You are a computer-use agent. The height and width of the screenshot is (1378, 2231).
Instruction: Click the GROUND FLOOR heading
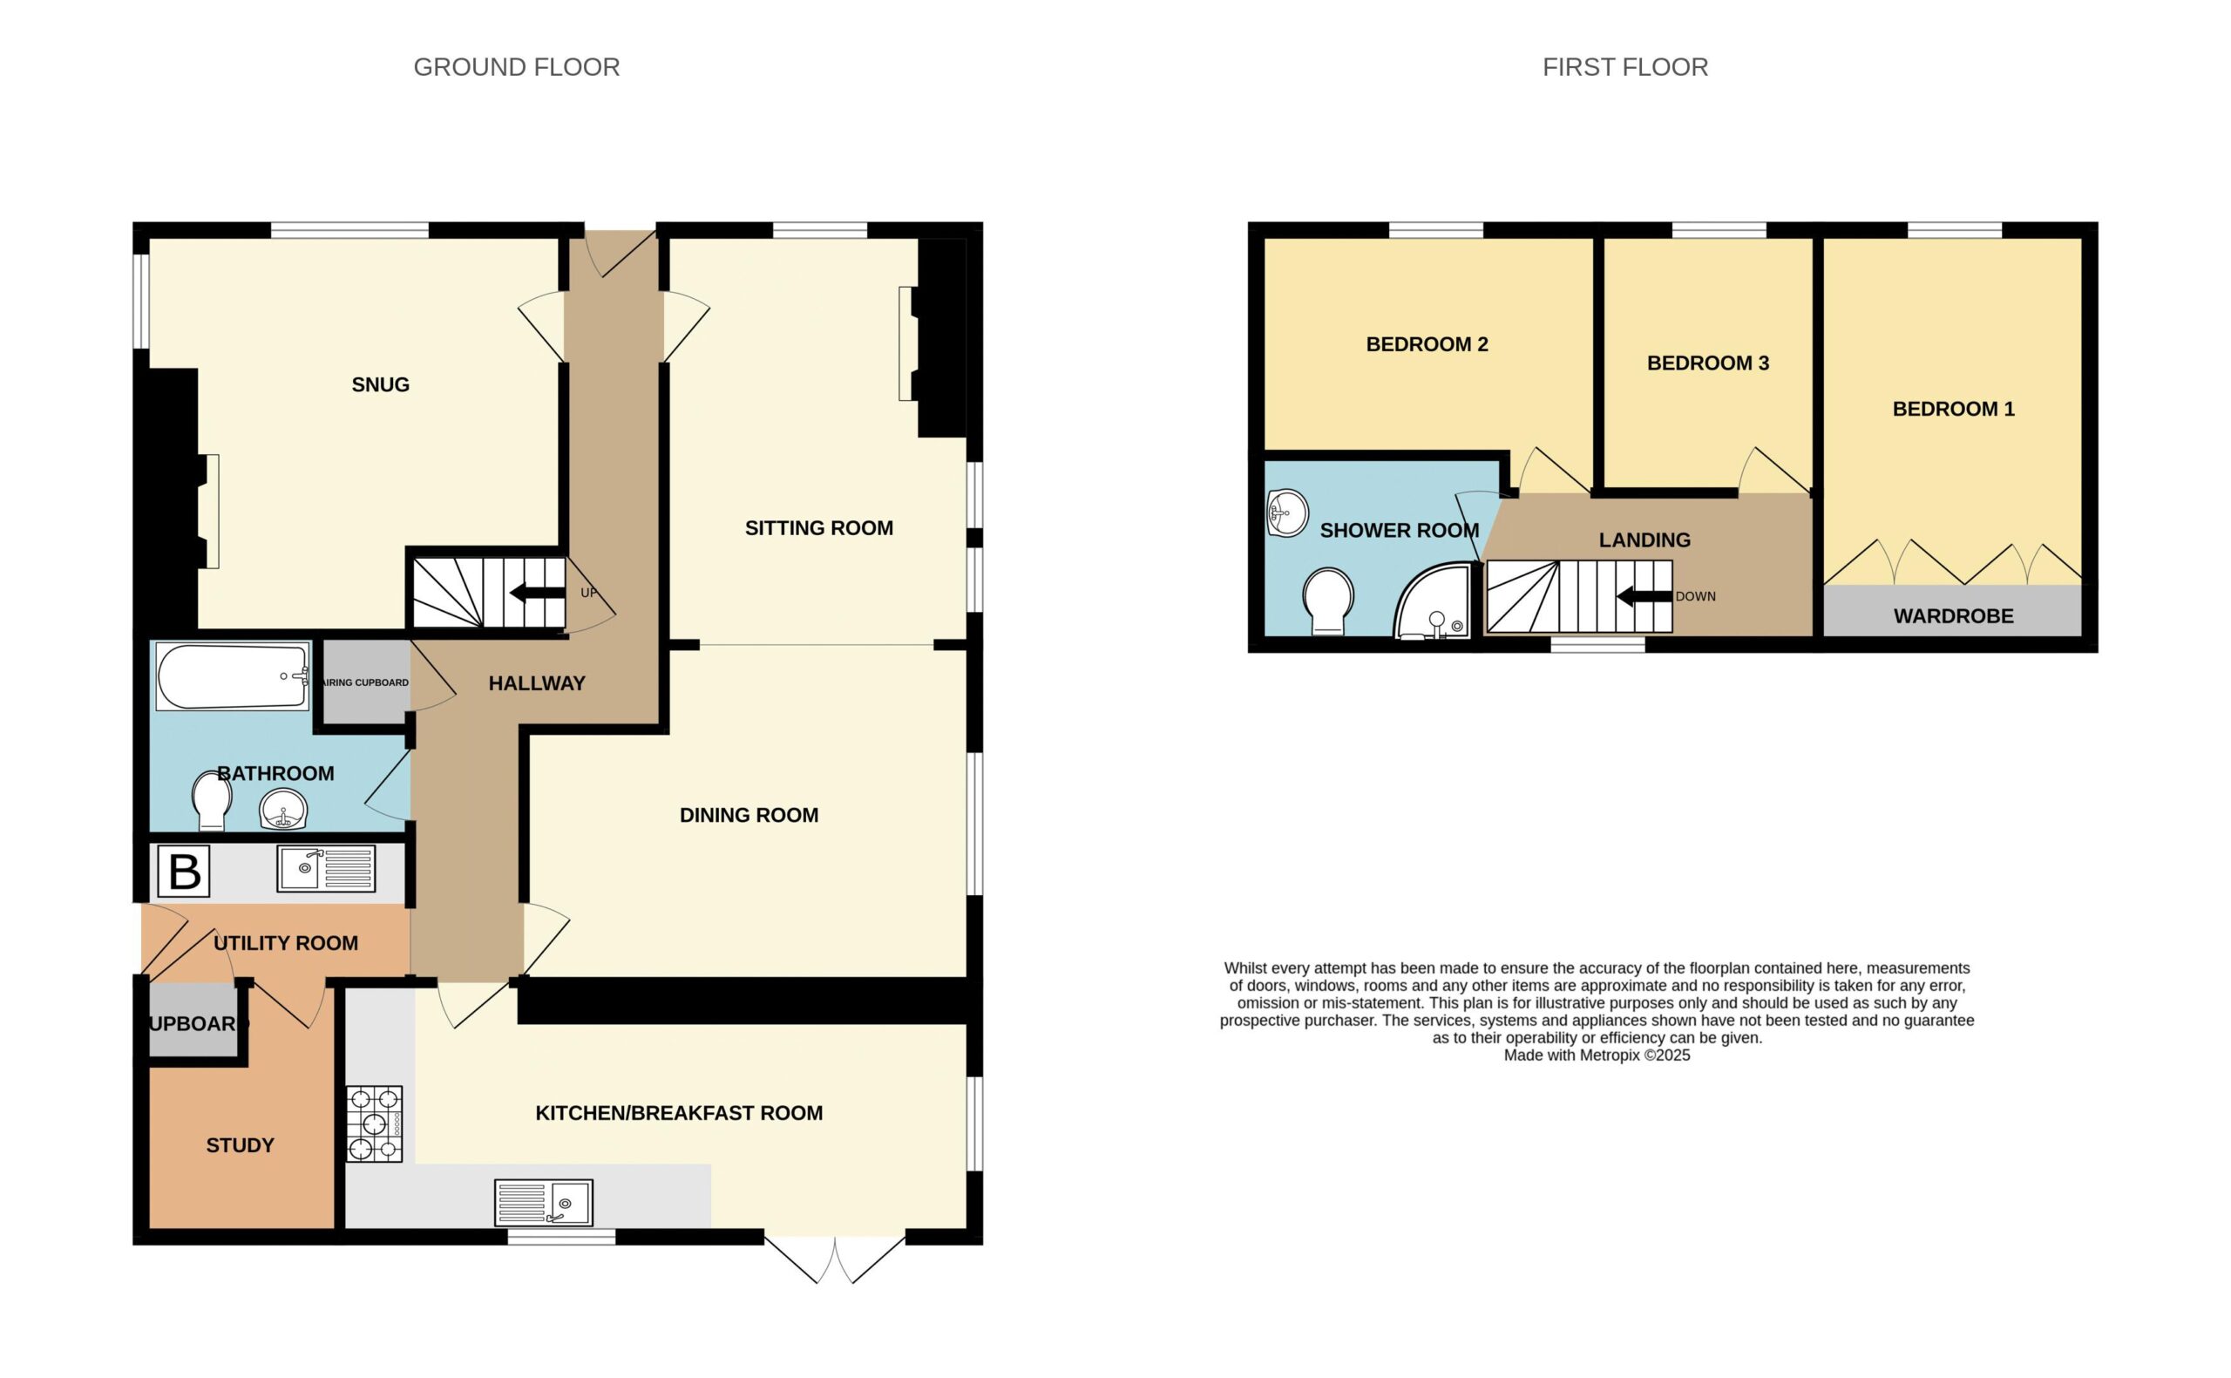pos(517,67)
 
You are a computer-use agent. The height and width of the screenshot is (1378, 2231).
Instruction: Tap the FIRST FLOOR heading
pos(1624,67)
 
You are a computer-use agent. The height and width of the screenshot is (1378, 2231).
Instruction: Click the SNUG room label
pos(381,384)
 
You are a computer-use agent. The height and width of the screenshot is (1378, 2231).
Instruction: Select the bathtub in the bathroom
pos(233,676)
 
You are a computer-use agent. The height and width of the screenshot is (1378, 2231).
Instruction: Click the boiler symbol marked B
pos(184,872)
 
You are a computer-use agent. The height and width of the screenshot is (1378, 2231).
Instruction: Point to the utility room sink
pos(326,868)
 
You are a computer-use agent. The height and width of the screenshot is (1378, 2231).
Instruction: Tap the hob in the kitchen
pos(374,1123)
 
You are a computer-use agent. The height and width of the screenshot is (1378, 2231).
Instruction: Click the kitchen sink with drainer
pos(544,1202)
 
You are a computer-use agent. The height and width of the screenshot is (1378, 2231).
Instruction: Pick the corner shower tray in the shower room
pos(1432,601)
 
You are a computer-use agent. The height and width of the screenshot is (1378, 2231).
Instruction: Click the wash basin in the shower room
pos(1287,513)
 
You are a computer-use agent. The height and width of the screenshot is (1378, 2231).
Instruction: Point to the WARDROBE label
pos(1953,616)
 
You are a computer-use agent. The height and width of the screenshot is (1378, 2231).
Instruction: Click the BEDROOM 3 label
pos(1708,363)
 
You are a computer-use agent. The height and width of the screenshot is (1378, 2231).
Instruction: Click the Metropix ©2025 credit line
pos(1596,1056)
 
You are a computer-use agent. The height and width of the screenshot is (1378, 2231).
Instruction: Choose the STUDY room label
pos(240,1145)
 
